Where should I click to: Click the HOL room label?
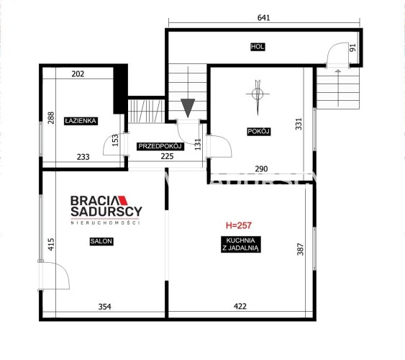pos(258,47)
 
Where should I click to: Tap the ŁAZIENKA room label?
pos(81,121)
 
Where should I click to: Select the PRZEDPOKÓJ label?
pos(160,146)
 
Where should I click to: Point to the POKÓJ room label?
pos(258,132)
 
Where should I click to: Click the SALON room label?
pos(101,241)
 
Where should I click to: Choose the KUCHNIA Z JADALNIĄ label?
pos(240,245)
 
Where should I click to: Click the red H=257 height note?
pos(239,225)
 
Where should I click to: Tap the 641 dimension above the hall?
pos(264,18)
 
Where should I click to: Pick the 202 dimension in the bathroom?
pos(78,74)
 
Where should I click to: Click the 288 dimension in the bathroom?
pos(51,118)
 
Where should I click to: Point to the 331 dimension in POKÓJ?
pos(299,124)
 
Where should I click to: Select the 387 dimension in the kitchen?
pos(301,249)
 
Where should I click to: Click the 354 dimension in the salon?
pos(105,307)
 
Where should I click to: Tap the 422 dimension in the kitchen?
pos(240,307)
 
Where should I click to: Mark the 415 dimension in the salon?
pos(51,244)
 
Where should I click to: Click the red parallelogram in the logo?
pos(123,201)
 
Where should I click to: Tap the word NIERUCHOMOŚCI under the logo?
pos(105,222)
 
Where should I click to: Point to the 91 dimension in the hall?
pos(352,48)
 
